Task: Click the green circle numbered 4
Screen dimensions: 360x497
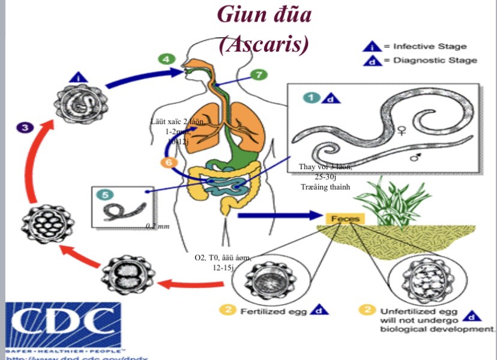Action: point(166,59)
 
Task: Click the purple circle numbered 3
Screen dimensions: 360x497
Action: point(25,127)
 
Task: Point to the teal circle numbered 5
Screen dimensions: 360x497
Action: point(104,195)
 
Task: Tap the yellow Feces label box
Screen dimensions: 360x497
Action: point(345,219)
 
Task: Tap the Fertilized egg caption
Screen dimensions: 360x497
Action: point(274,311)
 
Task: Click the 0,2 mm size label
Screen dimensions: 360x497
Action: point(157,226)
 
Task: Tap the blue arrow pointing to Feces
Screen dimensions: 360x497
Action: point(276,214)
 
